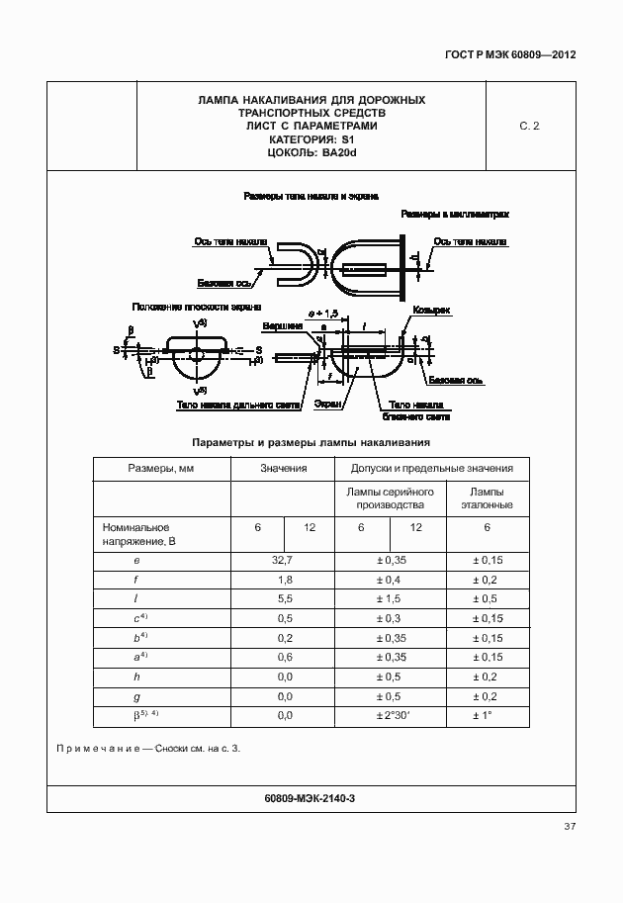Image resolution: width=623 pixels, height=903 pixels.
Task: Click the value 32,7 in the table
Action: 284,560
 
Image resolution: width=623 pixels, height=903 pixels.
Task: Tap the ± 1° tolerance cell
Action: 487,714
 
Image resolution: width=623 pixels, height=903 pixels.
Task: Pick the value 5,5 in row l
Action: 284,599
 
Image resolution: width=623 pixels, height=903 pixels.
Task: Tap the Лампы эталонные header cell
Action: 487,498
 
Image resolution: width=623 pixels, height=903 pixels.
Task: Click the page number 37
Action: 570,827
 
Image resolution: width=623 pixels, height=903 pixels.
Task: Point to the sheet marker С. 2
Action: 529,127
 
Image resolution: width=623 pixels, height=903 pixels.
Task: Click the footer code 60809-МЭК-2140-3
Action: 311,797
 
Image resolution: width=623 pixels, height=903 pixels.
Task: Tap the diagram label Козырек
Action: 432,311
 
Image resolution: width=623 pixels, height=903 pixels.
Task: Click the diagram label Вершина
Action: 282,325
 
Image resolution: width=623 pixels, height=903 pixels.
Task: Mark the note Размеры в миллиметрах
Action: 454,214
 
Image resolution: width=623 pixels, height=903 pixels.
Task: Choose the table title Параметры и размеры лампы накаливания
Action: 311,442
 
